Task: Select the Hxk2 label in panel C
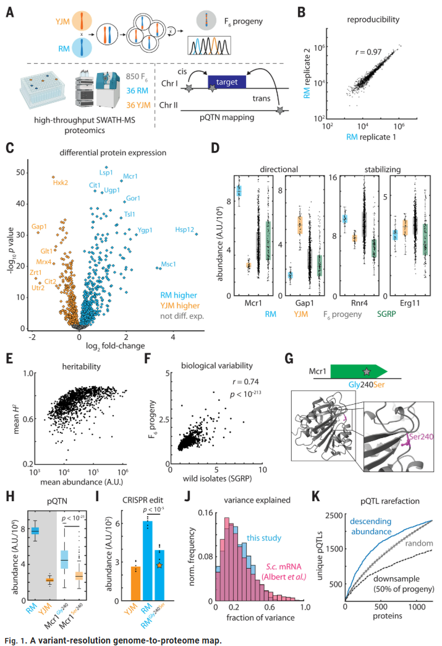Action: [61, 182]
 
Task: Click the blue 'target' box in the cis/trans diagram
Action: [226, 81]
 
